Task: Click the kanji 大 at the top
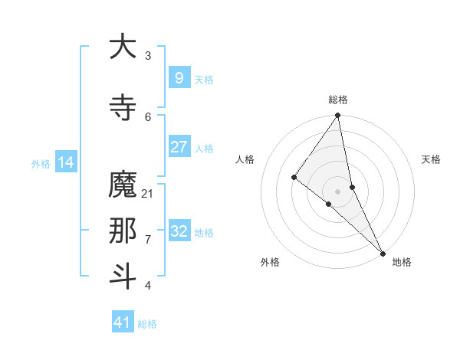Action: (x=123, y=47)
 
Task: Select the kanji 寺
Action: (x=123, y=108)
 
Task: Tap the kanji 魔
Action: (x=123, y=185)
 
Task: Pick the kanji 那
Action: (x=123, y=231)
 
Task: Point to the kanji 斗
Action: (x=123, y=277)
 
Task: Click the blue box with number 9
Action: (x=179, y=78)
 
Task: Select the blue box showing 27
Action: (x=179, y=147)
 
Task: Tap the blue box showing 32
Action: (x=179, y=231)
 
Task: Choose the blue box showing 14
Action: (x=65, y=162)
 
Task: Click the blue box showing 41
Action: (x=123, y=322)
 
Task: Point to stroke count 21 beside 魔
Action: (x=148, y=193)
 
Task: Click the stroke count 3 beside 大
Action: (x=148, y=55)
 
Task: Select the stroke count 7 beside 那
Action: (x=148, y=239)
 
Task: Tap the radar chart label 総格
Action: (x=338, y=100)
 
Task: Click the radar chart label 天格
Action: (x=431, y=159)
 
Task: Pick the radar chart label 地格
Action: (x=402, y=262)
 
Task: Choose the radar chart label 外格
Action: (x=270, y=262)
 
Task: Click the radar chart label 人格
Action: (x=245, y=159)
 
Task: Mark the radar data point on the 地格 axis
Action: (x=383, y=253)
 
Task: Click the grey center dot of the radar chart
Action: (x=337, y=191)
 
